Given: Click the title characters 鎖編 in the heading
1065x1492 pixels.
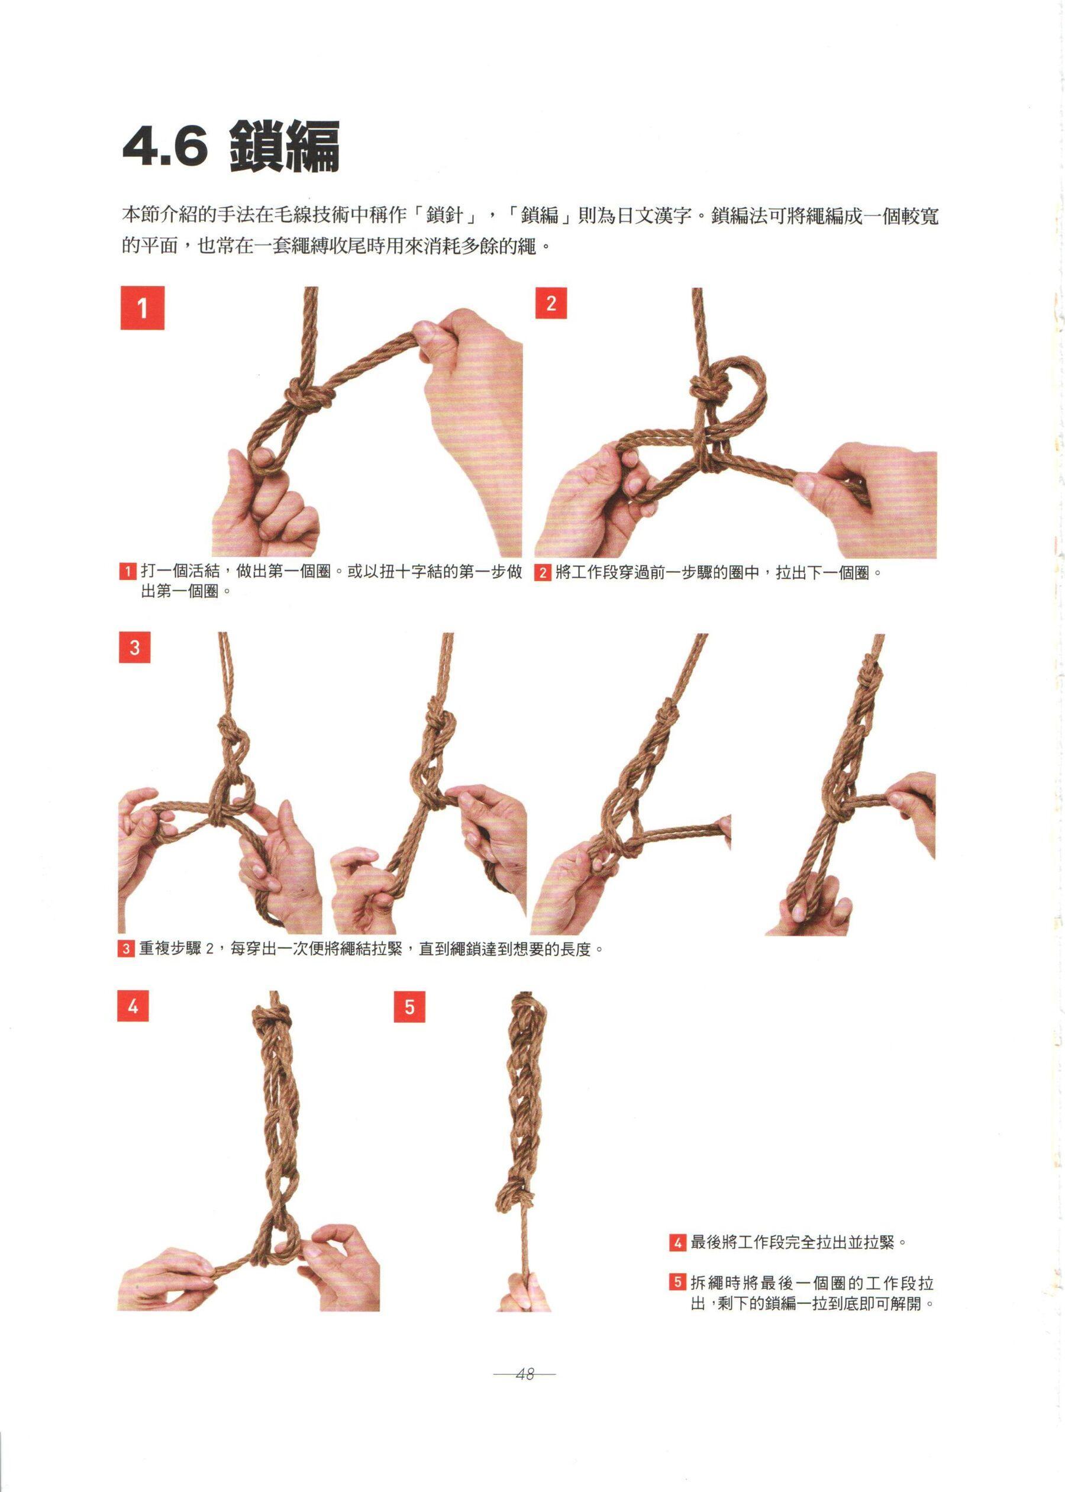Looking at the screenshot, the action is click(x=285, y=147).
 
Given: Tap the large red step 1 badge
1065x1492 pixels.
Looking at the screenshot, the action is click(x=143, y=308).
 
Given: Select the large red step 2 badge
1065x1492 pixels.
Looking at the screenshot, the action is click(x=551, y=303).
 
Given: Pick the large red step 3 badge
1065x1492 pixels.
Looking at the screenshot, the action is click(x=134, y=647).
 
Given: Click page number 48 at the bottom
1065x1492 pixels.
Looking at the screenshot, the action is click(x=525, y=1374).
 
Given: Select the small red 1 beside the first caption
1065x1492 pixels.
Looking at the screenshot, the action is click(x=127, y=571).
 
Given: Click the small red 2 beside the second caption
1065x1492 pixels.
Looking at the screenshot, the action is click(x=542, y=572).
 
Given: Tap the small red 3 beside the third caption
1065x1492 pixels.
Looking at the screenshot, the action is click(x=125, y=949).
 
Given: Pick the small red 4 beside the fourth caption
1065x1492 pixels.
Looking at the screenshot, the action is click(x=677, y=1242).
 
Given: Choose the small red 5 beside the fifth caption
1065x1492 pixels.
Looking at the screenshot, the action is click(x=677, y=1282).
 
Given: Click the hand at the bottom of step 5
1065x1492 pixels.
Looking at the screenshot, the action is click(x=525, y=1291).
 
